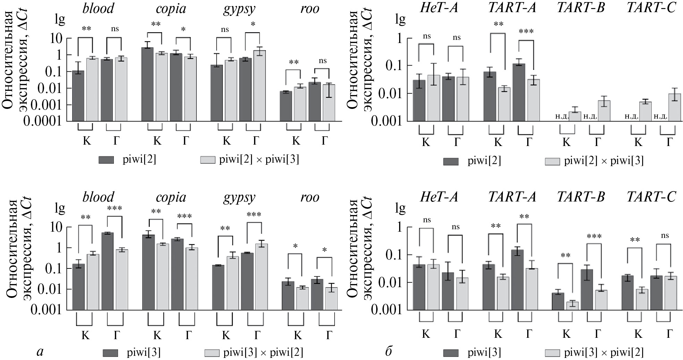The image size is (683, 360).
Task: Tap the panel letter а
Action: [40, 352]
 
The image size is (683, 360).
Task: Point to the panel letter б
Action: [389, 352]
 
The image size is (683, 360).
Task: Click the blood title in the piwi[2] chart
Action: [98, 9]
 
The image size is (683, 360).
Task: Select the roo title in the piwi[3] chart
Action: [310, 197]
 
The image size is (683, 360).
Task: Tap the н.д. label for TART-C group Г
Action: [660, 116]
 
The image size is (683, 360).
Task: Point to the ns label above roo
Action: [322, 61]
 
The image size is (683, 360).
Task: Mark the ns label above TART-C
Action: [665, 236]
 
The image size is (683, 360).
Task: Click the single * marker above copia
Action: [183, 29]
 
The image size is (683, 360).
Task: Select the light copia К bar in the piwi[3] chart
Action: [162, 277]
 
